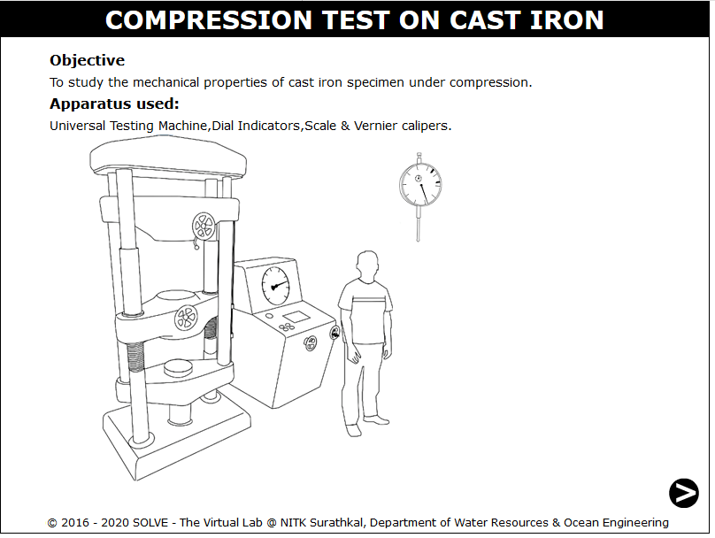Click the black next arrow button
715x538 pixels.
tap(683, 493)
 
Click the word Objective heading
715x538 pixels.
tap(87, 60)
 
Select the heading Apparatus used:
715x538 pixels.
tap(114, 104)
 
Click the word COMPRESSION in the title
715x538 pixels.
tap(208, 20)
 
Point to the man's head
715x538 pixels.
tap(367, 265)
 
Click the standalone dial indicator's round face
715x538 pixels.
tap(420, 185)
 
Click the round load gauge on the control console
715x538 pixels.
tap(275, 286)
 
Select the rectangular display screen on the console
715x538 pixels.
tap(296, 317)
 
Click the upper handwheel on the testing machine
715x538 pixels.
tap(204, 226)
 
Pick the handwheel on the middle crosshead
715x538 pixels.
tap(187, 317)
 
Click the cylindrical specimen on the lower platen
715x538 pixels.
tap(178, 367)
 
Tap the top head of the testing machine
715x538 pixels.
tap(168, 158)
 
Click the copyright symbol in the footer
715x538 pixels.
tap(52, 523)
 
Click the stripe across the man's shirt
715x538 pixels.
tap(364, 301)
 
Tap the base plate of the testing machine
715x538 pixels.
tap(177, 442)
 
